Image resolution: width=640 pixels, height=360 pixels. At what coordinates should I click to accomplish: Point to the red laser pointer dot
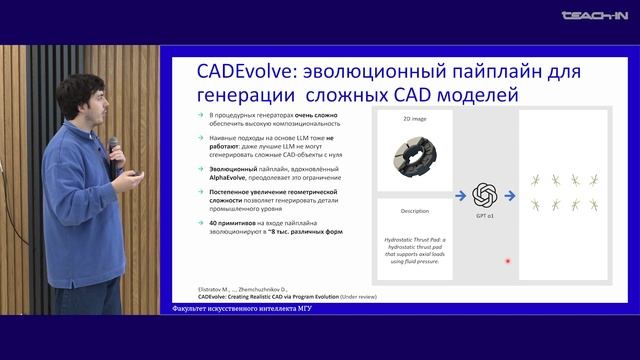508,261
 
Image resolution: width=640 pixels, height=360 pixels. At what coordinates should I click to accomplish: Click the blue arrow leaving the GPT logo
489,194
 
